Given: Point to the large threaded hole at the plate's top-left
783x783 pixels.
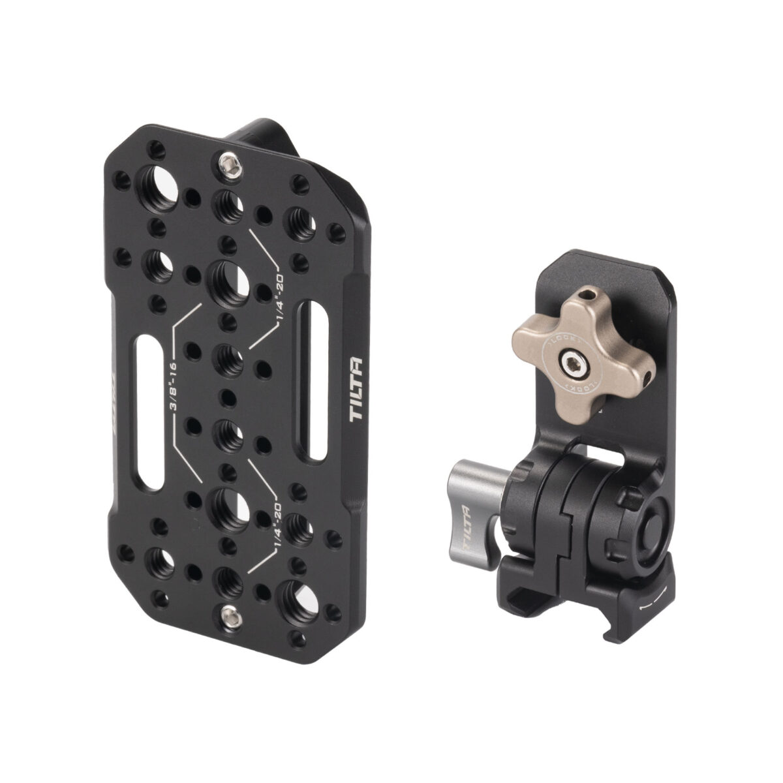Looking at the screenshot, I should point(160,194).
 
